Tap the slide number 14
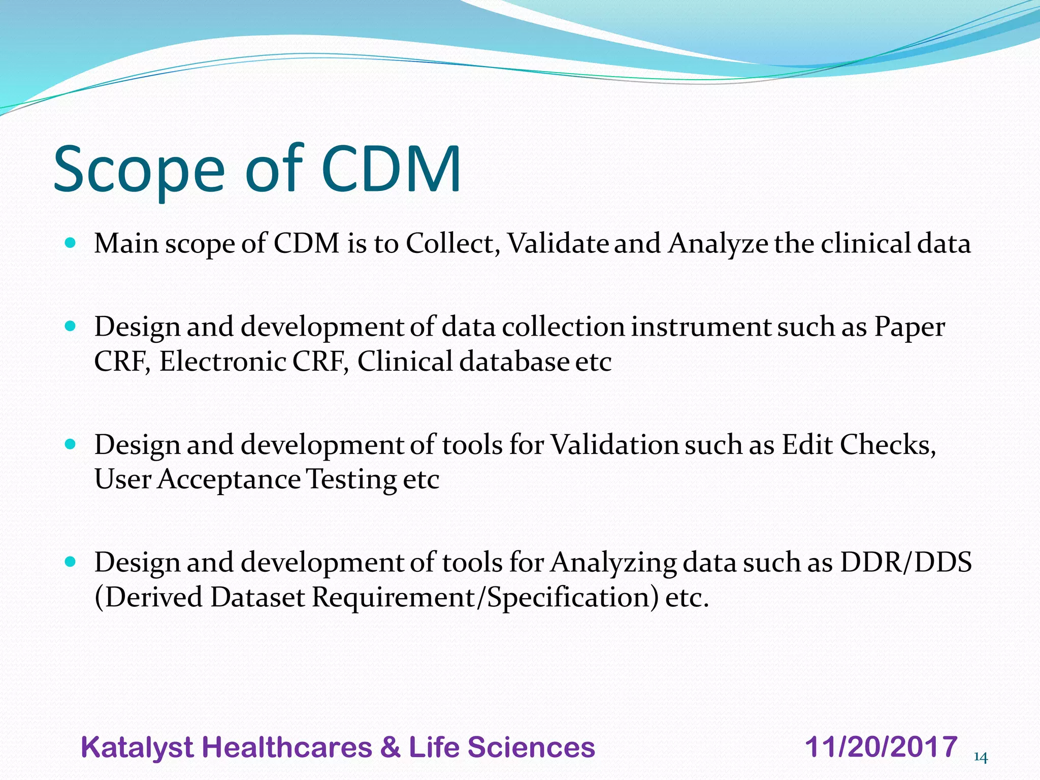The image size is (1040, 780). coord(980,758)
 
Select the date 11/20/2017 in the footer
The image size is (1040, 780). coord(881,747)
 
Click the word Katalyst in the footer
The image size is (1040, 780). coord(137,748)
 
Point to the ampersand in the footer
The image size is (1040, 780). coord(389,747)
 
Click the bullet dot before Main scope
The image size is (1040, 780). coord(71,243)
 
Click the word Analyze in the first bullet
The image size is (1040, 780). coord(718,243)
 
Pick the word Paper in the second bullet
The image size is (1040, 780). coord(909,327)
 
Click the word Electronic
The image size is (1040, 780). coord(223,362)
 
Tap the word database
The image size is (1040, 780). coord(514,362)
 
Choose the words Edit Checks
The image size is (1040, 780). coord(858,445)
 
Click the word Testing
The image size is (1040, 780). coord(352,479)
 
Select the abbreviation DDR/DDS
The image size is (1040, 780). coord(906,563)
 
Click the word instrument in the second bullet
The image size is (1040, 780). coord(701,327)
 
